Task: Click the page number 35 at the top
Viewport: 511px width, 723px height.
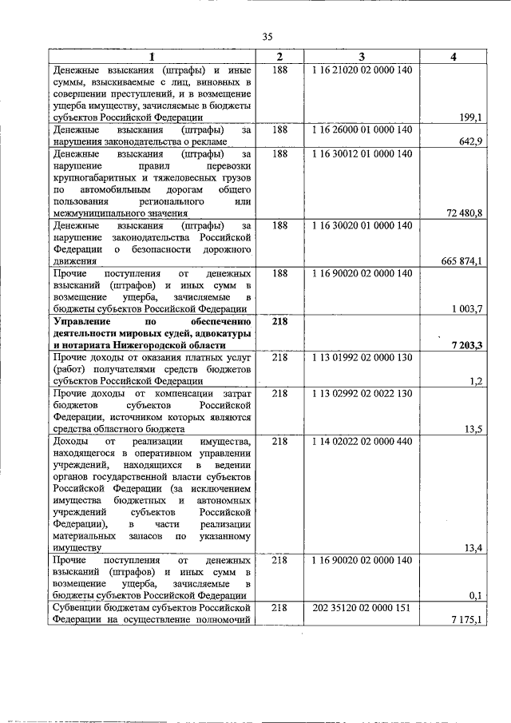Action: click(x=267, y=36)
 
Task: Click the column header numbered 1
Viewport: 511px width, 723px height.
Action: click(x=153, y=57)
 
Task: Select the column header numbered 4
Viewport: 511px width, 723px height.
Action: click(x=453, y=57)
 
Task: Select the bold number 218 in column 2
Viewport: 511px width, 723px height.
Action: click(x=279, y=320)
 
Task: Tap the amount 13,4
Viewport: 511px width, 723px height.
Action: click(x=472, y=548)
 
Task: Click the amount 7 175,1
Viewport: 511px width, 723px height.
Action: click(x=466, y=620)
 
